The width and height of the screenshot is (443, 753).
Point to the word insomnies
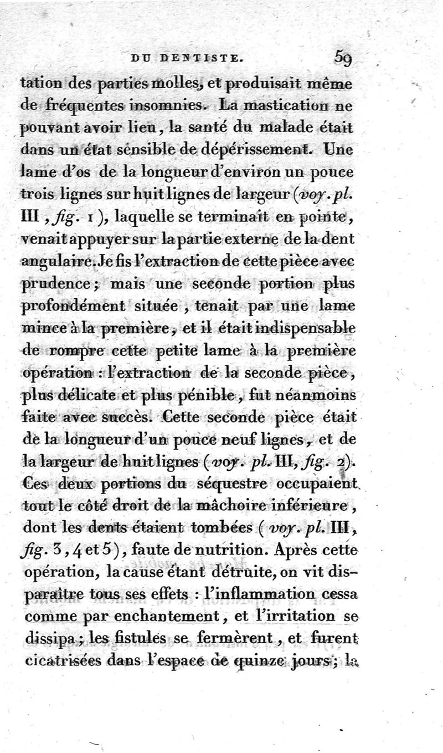pyautogui.click(x=166, y=104)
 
